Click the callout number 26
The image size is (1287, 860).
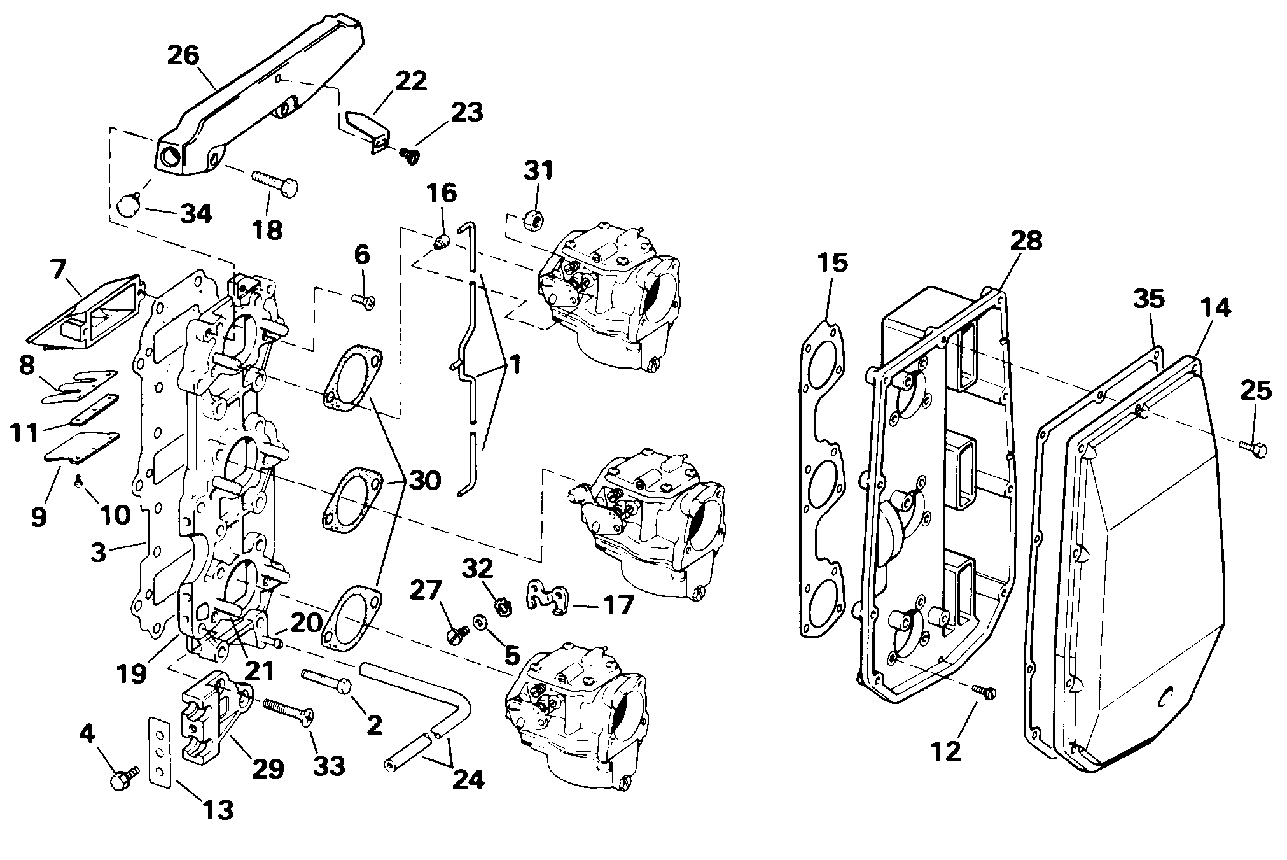[x=183, y=55]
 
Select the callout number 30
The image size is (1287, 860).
[x=424, y=480]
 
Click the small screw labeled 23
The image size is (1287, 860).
[x=408, y=154]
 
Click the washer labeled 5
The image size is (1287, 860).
[x=479, y=622]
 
